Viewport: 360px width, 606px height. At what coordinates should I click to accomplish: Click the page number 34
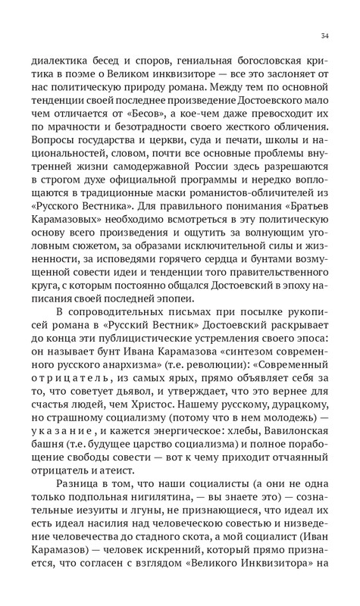point(324,35)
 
